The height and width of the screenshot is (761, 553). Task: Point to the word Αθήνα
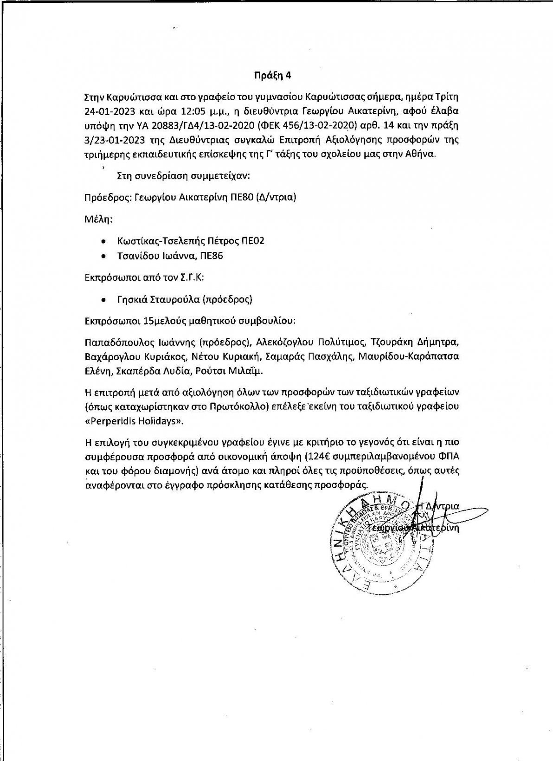click(x=421, y=155)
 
